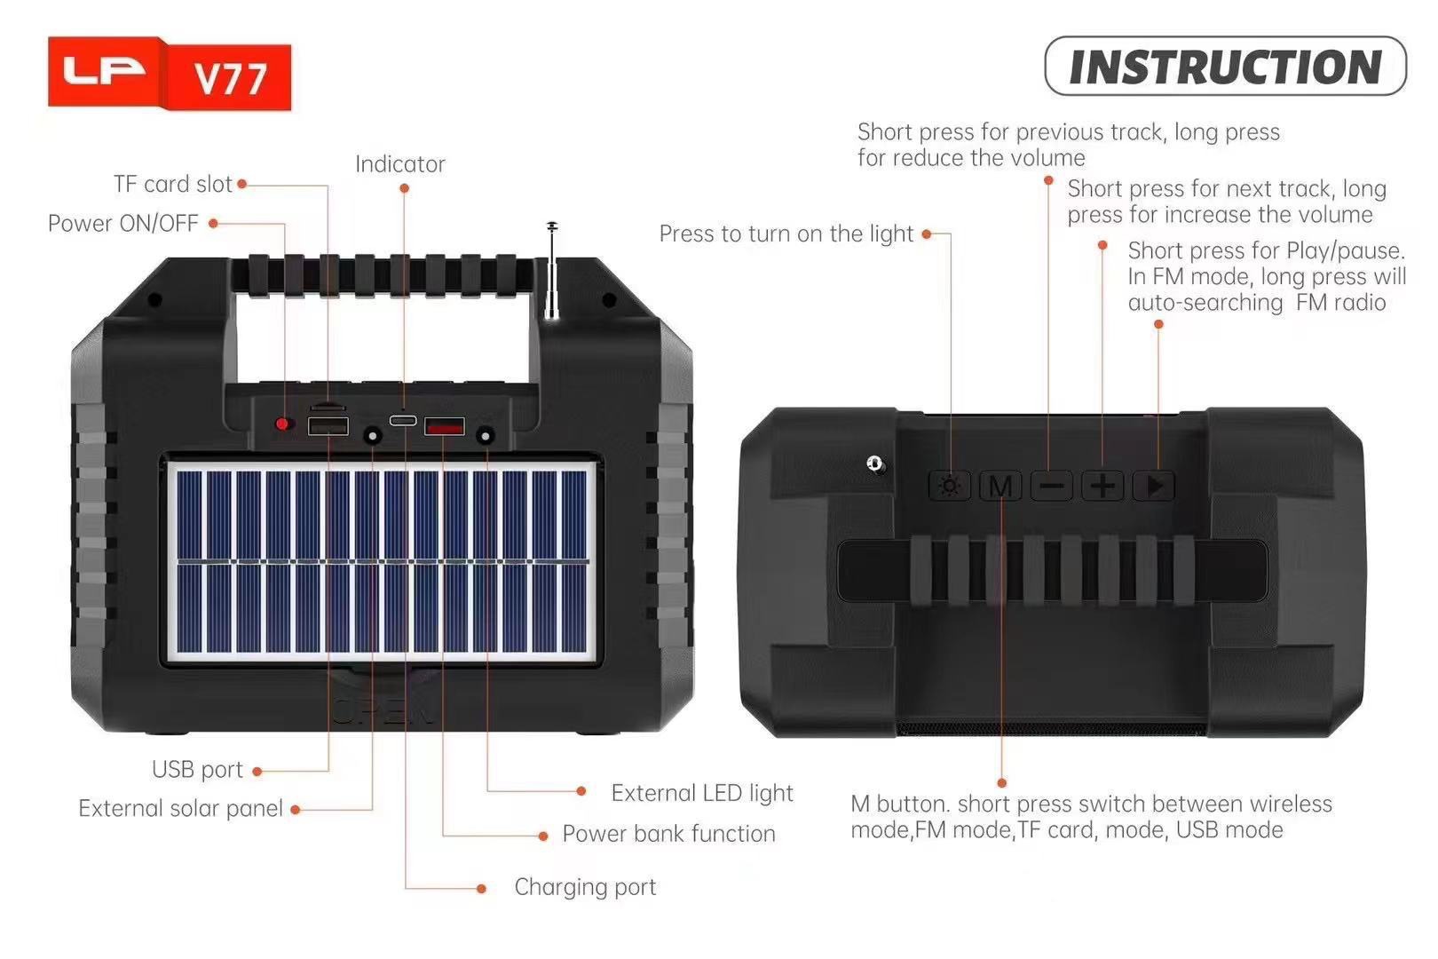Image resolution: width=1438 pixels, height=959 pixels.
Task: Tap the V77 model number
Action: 230,78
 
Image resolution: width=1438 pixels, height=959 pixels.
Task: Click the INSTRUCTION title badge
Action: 1225,67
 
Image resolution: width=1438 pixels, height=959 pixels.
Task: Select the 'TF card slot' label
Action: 172,184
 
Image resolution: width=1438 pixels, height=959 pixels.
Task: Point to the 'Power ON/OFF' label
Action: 123,223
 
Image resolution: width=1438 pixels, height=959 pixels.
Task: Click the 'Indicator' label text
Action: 399,164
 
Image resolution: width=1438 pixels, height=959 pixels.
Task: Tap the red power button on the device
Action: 283,424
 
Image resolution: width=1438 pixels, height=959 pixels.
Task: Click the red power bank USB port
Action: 444,427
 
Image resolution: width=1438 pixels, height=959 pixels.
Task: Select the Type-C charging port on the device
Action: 403,420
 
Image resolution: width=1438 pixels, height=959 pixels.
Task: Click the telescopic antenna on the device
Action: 552,271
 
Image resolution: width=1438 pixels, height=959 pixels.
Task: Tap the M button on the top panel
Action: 1000,487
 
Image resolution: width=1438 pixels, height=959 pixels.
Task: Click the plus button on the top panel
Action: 1102,486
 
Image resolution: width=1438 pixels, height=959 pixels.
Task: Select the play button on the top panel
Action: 1155,486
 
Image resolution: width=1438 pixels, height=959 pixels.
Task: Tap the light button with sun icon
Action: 950,486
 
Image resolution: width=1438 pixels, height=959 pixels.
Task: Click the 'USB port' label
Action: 197,769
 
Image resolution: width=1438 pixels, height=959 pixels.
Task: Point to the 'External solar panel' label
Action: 180,808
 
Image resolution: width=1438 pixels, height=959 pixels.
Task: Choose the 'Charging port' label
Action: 585,887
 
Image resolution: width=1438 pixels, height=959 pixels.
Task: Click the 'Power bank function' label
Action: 668,834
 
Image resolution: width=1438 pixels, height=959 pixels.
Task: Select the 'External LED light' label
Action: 701,793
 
